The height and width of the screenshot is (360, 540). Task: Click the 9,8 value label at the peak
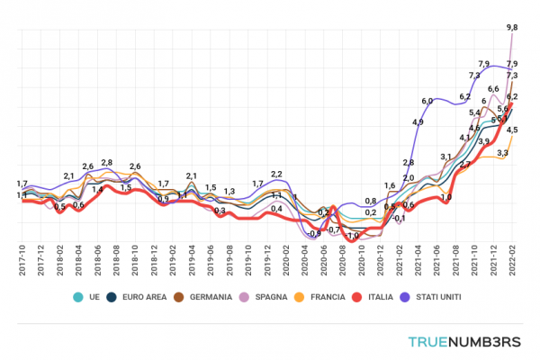pyautogui.click(x=511, y=29)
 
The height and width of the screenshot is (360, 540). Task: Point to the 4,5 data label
pyautogui.click(x=511, y=130)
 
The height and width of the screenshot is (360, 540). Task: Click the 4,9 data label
pyautogui.click(x=418, y=122)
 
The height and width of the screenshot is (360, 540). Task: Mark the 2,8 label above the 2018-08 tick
pyautogui.click(x=106, y=163)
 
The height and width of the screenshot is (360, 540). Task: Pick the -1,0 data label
pyautogui.click(x=354, y=236)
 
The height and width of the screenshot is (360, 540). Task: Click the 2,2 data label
pyautogui.click(x=276, y=174)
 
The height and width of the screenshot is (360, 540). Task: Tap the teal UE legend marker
pyautogui.click(x=78, y=295)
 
